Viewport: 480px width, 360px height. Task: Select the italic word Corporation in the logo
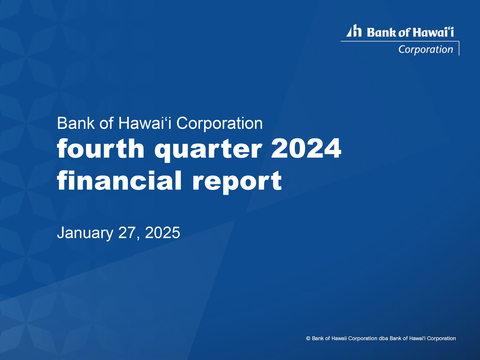(427, 48)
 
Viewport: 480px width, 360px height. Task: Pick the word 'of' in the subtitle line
(107, 125)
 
